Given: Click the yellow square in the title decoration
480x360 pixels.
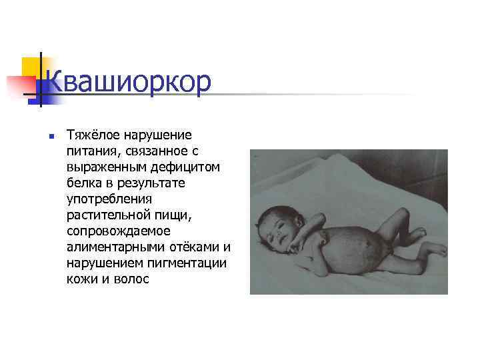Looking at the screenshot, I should [30, 67].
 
